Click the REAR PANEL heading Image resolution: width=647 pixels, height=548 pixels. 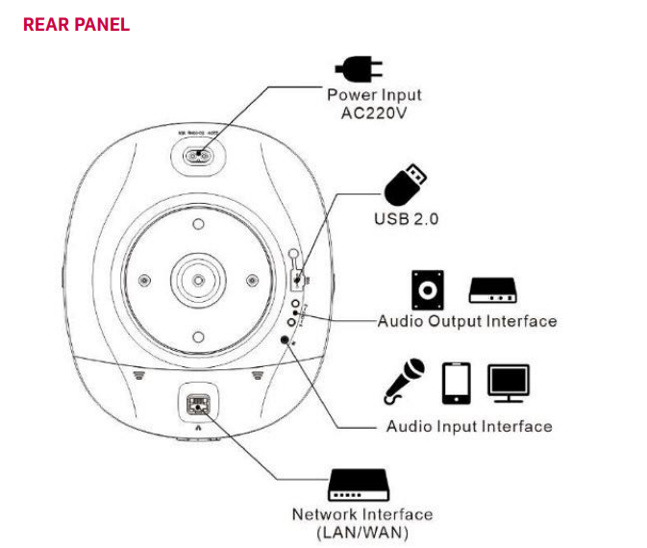[x=76, y=25]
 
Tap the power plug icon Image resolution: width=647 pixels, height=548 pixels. [x=358, y=68]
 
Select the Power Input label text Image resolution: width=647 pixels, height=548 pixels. [x=374, y=95]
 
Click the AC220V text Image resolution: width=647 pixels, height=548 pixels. [x=374, y=112]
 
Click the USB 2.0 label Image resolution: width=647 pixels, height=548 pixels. [x=406, y=219]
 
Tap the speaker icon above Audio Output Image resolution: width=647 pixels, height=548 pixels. [x=428, y=289]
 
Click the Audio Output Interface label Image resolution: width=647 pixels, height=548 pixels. [x=467, y=321]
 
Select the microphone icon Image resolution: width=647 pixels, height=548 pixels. [x=404, y=381]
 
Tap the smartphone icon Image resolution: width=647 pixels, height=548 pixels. [x=456, y=383]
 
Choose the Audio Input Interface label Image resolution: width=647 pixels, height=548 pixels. [x=469, y=426]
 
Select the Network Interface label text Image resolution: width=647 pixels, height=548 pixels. [x=362, y=514]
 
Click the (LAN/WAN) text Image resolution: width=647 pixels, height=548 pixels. [x=362, y=532]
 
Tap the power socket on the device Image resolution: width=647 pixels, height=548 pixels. [x=198, y=156]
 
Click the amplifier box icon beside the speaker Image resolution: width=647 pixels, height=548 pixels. [x=493, y=289]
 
